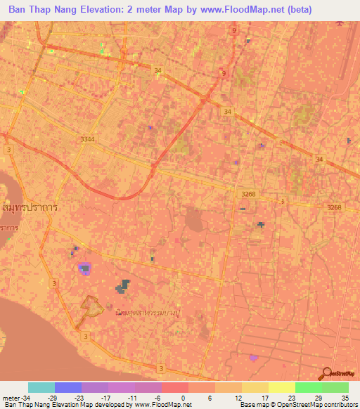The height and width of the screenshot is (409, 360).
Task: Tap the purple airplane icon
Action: coord(341,22)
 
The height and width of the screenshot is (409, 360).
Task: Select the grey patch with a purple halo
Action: coord(84,268)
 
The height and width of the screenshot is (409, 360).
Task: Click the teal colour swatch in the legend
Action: coord(41,387)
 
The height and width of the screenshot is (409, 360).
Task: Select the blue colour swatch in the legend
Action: coord(68,387)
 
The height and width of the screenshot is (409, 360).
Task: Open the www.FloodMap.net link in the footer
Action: coord(162,405)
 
